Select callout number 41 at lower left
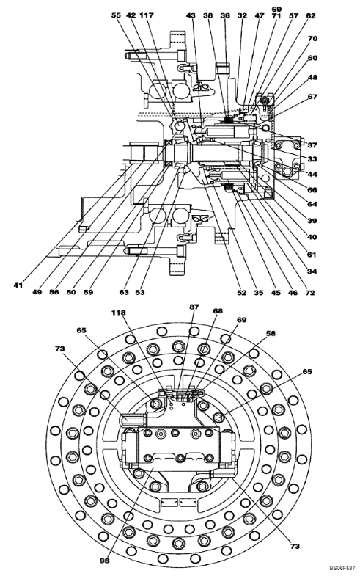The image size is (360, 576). click(x=18, y=285)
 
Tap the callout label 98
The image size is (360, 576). click(x=105, y=561)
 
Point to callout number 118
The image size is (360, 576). click(x=119, y=313)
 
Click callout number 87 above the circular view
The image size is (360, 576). click(x=194, y=307)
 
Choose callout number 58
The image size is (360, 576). click(x=271, y=334)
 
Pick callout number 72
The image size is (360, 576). click(x=310, y=293)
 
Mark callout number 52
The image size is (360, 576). click(x=241, y=293)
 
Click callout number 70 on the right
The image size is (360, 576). click(x=312, y=39)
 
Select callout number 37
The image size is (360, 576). click(x=312, y=145)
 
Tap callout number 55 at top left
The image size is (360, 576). click(x=116, y=15)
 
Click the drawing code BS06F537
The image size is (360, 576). click(x=342, y=567)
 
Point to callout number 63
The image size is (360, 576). click(x=124, y=292)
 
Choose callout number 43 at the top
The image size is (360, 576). click(x=191, y=15)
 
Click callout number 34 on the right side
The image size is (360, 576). click(x=312, y=271)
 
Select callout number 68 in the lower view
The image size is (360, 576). click(x=218, y=311)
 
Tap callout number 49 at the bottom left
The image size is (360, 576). click(x=37, y=292)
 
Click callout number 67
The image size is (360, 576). click(x=312, y=97)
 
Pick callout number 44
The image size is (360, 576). click(x=312, y=174)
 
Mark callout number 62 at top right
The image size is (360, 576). click(x=311, y=16)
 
